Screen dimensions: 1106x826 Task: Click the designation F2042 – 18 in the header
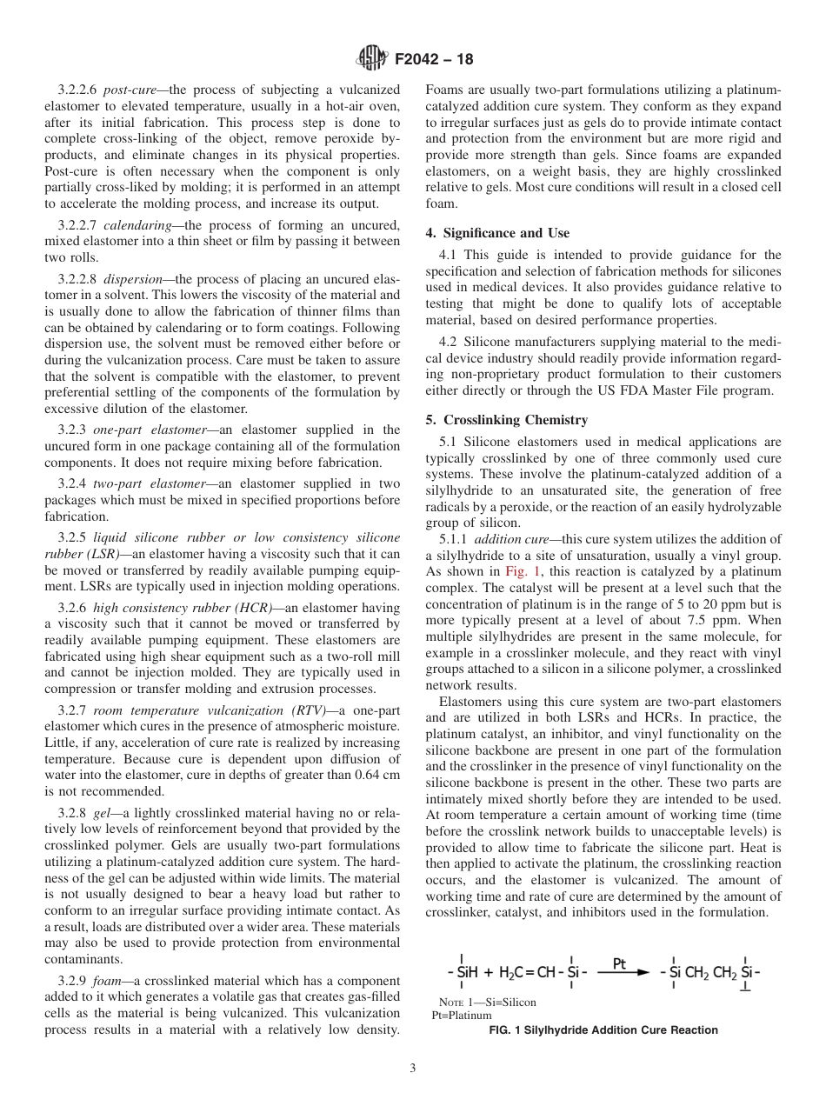coord(433,60)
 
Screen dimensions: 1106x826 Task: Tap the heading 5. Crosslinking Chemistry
coord(506,420)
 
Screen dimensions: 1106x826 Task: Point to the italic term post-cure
coord(130,90)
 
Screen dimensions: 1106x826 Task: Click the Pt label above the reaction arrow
coord(620,963)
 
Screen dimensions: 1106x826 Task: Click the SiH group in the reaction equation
coord(467,973)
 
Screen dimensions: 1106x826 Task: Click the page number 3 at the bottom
coord(412,1068)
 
